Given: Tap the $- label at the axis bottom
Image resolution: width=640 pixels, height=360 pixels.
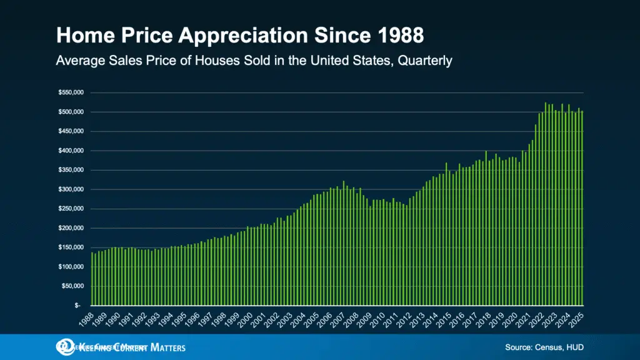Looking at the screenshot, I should point(77,306).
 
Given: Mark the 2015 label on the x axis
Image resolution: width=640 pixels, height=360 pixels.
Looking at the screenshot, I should point(442,319).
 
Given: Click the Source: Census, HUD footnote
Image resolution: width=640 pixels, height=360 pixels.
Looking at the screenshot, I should point(544,347).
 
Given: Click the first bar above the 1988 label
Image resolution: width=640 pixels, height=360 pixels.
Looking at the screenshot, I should point(92,279).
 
